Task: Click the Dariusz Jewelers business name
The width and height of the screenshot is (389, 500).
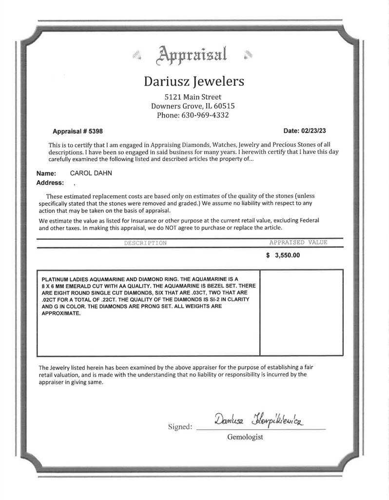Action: coord(194,81)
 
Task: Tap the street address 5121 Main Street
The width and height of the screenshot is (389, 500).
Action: coord(193,97)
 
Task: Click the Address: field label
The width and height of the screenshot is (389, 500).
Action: coord(50,183)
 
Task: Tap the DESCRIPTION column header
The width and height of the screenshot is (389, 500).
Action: coord(145,243)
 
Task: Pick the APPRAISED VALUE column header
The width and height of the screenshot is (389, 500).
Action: coord(298,242)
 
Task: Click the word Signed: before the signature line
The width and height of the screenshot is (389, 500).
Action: coord(180,426)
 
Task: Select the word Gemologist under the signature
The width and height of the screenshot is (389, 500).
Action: coord(245,437)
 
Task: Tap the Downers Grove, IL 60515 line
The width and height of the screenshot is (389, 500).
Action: coord(193,106)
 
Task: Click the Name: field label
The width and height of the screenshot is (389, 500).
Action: coord(46,173)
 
